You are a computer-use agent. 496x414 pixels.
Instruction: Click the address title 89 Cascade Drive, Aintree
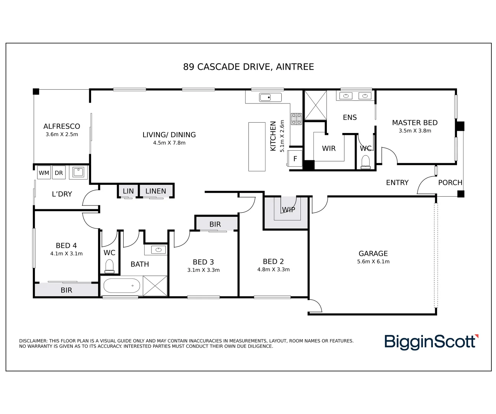pyautogui.click(x=248, y=67)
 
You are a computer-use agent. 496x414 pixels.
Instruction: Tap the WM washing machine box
pyautogui.click(x=44, y=173)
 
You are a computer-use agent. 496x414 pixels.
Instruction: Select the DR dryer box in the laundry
pyautogui.click(x=59, y=173)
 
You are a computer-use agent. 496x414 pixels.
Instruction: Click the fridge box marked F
pyautogui.click(x=295, y=159)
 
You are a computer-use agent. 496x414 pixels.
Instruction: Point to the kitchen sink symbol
pyautogui.click(x=271, y=97)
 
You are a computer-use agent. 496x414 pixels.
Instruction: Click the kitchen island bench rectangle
pyautogui.click(x=257, y=146)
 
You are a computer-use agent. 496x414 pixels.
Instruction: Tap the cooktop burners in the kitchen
pyautogui.click(x=297, y=119)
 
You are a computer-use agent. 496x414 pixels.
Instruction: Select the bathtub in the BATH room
pyautogui.click(x=121, y=286)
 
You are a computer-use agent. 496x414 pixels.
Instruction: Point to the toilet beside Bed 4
pyautogui.click(x=109, y=266)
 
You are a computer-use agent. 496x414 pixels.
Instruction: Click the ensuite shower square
pyautogui.click(x=315, y=105)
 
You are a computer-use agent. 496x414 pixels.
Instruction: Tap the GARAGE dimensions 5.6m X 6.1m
pyautogui.click(x=373, y=262)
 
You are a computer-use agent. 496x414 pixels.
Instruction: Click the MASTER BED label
pyautogui.click(x=414, y=123)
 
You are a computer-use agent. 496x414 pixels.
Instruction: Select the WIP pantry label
pyautogui.click(x=288, y=210)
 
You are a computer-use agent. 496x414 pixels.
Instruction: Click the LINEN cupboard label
pyautogui.click(x=156, y=191)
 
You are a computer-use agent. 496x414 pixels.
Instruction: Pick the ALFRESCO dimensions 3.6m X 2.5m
pyautogui.click(x=62, y=135)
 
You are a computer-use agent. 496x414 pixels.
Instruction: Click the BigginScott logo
pyautogui.click(x=431, y=342)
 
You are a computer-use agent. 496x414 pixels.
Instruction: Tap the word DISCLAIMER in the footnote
pyautogui.click(x=33, y=341)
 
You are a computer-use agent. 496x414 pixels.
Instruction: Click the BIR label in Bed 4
pyautogui.click(x=66, y=290)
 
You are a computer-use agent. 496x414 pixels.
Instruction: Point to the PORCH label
pyautogui.click(x=450, y=182)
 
